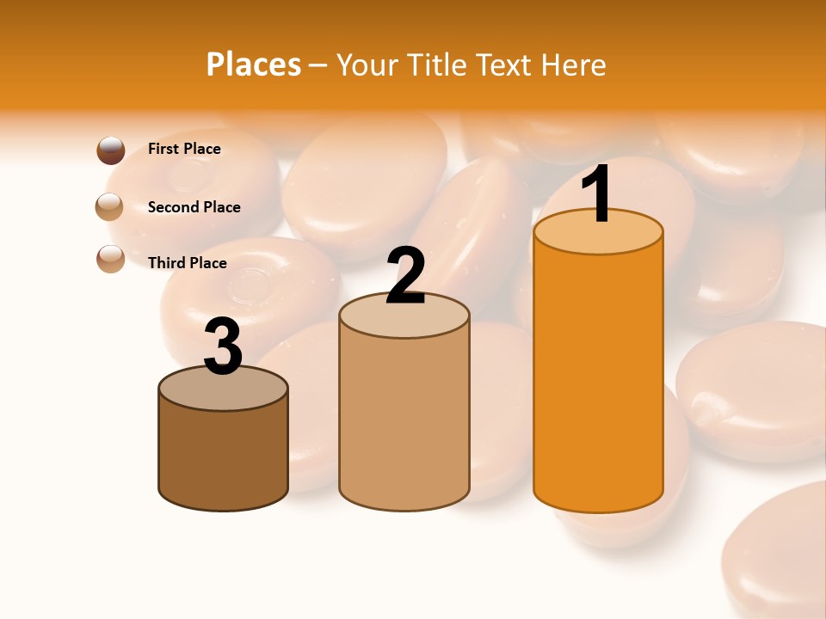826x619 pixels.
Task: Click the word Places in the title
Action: (254, 64)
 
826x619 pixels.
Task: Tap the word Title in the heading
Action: (439, 64)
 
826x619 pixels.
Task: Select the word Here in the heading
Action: (573, 64)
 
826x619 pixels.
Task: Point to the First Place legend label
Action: (184, 149)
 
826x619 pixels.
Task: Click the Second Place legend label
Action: (194, 207)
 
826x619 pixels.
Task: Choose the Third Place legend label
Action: (188, 263)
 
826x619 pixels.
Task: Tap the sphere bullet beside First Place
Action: (111, 150)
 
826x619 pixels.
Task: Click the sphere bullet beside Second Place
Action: (110, 206)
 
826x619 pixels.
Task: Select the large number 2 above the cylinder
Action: (405, 276)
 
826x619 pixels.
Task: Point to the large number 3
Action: (224, 346)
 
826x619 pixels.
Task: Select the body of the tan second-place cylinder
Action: (404, 421)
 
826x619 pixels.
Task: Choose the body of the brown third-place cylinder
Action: (224, 456)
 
